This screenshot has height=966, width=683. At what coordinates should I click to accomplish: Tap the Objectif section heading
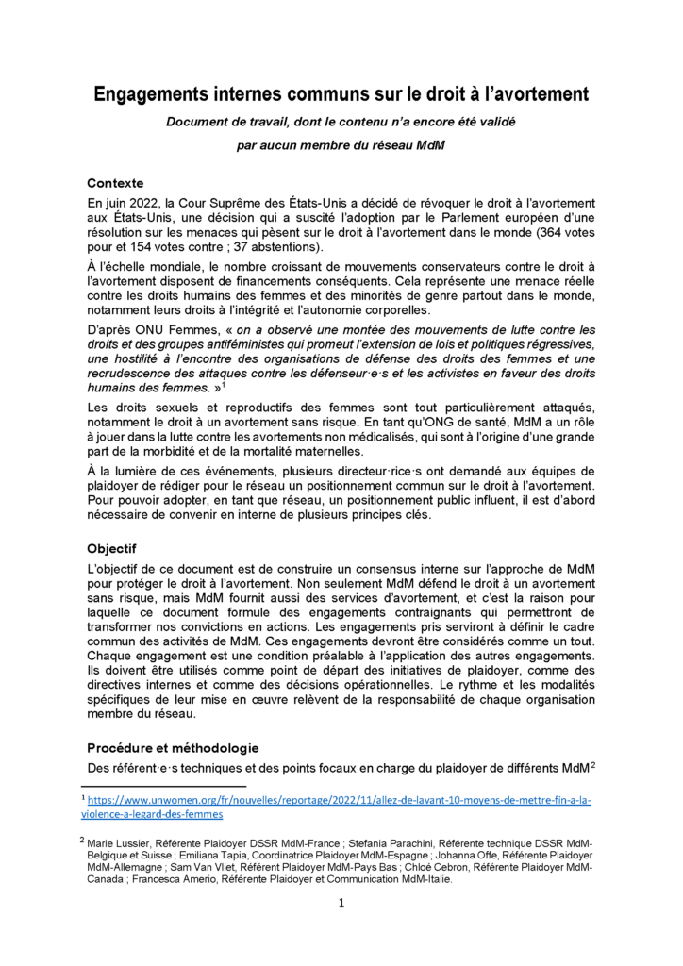[112, 547]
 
